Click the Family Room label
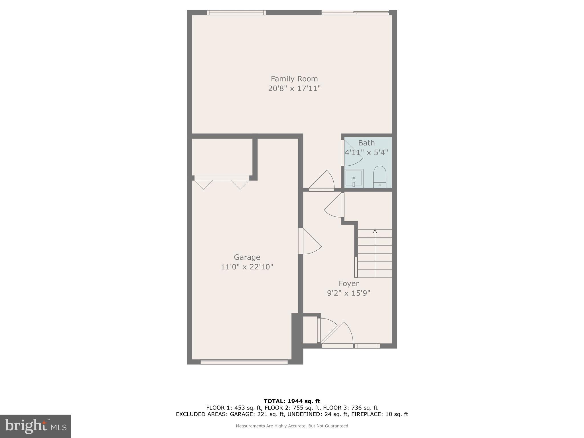click(x=294, y=79)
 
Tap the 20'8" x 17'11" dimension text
click(x=294, y=88)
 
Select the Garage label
click(x=247, y=257)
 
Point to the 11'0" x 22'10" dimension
click(x=247, y=267)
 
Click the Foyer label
click(x=348, y=283)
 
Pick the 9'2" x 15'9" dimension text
click(x=348, y=293)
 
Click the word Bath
click(x=366, y=143)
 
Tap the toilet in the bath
click(x=380, y=177)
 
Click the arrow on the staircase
click(x=375, y=232)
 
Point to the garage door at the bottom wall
click(x=244, y=362)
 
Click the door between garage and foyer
click(x=309, y=241)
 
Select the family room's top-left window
click(x=236, y=13)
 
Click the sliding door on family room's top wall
click(x=355, y=13)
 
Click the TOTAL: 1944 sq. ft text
click(x=292, y=401)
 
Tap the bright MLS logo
click(x=36, y=426)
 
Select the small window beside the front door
click(x=367, y=346)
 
